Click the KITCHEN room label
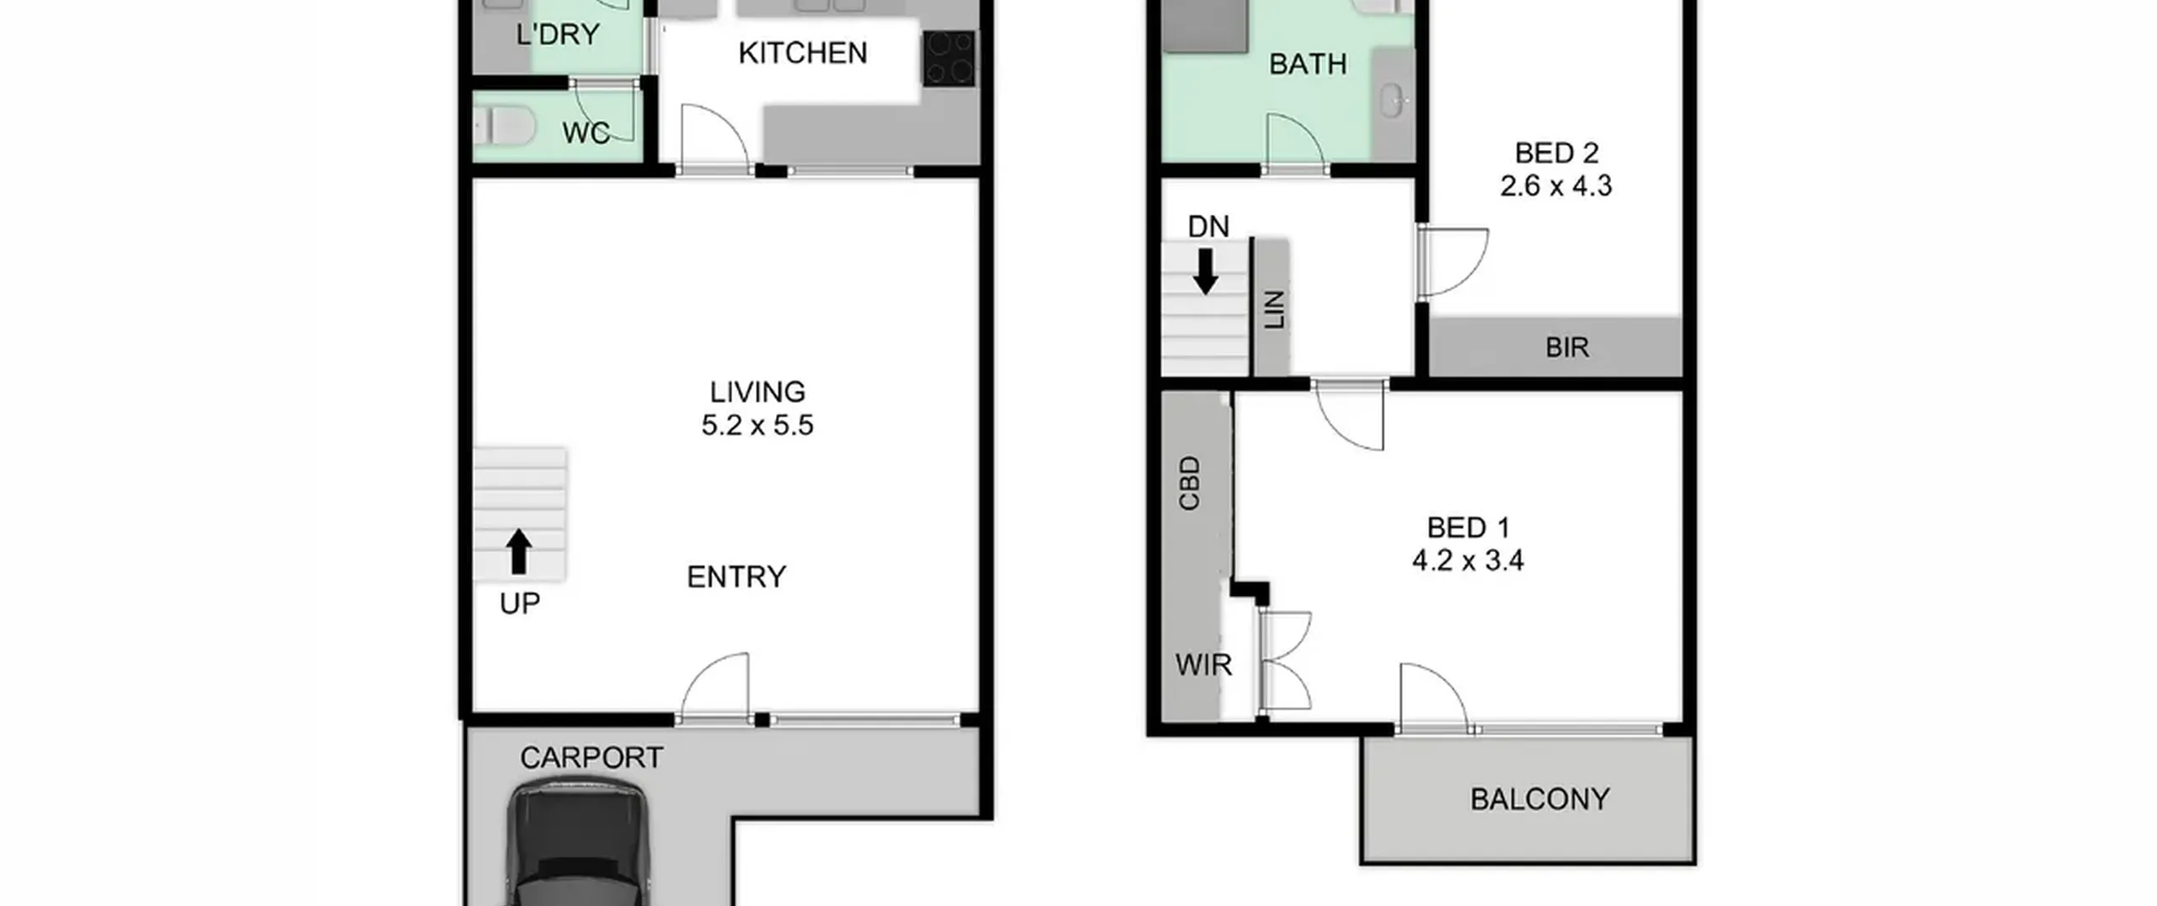click(x=802, y=53)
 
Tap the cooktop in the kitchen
click(x=950, y=58)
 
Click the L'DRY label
click(x=558, y=35)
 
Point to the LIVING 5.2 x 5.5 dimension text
click(x=757, y=425)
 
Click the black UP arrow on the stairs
click(x=519, y=551)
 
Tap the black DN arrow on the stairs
click(x=1206, y=271)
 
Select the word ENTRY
click(x=736, y=577)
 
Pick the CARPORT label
click(x=591, y=758)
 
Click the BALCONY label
click(x=1540, y=799)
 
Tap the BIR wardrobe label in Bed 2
click(x=1567, y=347)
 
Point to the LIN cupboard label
click(x=1275, y=309)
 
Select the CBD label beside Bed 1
click(x=1189, y=483)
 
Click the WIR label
click(x=1203, y=666)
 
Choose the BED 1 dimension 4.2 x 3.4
click(x=1468, y=560)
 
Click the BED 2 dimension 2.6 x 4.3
click(x=1555, y=185)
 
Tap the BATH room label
click(x=1308, y=64)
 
